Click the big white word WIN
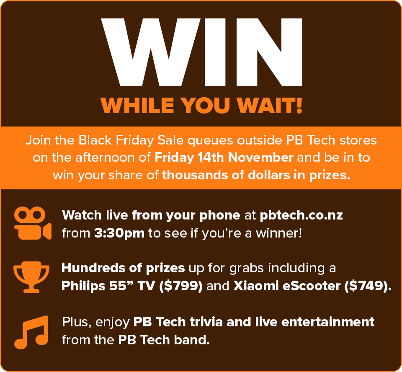(201, 52)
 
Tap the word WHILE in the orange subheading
(137, 106)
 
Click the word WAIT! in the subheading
(269, 106)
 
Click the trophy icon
(31, 277)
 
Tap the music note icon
(31, 332)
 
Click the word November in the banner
(260, 157)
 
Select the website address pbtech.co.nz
(301, 215)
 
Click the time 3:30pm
(119, 233)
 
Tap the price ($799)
(181, 286)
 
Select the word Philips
(83, 286)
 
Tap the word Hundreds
(93, 268)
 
